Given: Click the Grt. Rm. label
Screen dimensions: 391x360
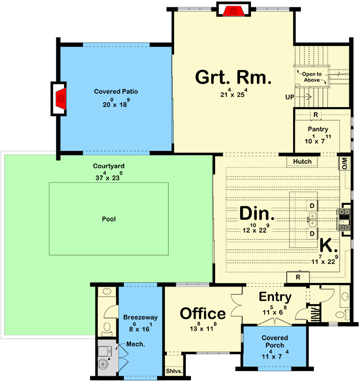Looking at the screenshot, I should pos(233,77).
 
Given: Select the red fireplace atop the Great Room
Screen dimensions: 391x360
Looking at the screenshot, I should pos(233,10).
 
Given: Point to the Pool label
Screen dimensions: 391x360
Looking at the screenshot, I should pos(109,219).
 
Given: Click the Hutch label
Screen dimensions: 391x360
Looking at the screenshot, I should pos(302,162).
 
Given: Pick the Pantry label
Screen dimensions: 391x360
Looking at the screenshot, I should pos(317,129).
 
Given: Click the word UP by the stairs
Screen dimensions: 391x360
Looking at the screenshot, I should pos(290,97).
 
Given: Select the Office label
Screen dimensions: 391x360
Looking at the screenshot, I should pos(203,314).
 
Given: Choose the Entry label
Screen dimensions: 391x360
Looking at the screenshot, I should pos(275,297).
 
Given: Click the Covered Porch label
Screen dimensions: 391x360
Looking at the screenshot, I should pos(274,342).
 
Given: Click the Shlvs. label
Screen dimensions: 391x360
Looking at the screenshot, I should pos(174,371).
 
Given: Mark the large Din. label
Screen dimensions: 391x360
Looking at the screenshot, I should pos(257,214).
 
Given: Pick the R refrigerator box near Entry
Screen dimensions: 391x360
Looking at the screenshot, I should pos(298,278).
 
